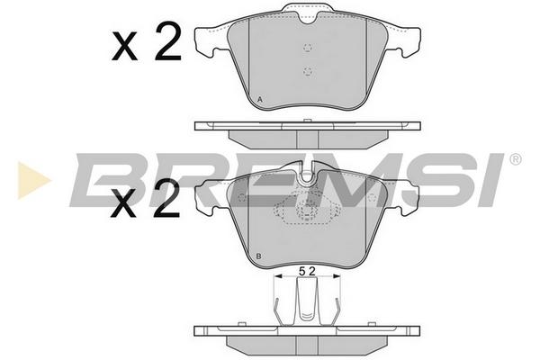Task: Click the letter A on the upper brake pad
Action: pos(260,100)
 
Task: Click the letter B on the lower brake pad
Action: pos(259,256)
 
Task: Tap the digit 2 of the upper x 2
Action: pos(167,41)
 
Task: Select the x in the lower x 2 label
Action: pos(123,204)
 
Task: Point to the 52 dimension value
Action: pos(307,272)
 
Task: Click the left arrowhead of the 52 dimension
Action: pos(277,276)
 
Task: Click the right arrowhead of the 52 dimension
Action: pos(336,276)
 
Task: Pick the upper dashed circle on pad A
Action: pos(308,48)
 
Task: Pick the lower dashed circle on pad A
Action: pos(308,72)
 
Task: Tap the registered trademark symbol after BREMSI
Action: pos(515,159)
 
